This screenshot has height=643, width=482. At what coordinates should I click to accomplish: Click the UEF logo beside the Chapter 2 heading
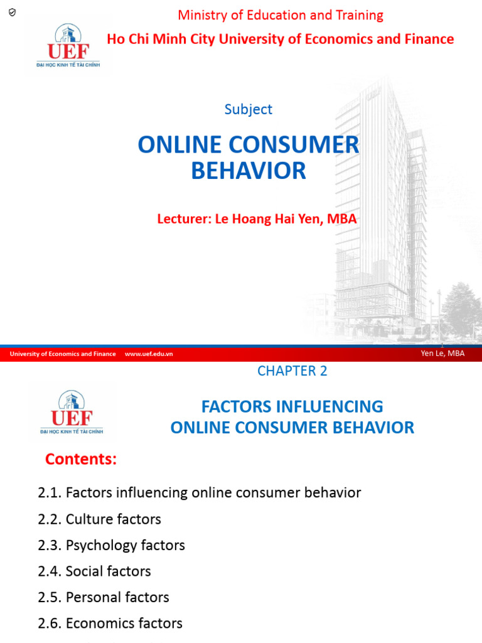(x=71, y=412)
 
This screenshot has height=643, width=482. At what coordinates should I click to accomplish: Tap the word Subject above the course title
(x=249, y=109)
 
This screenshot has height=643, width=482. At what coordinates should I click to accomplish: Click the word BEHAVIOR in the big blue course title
(x=249, y=171)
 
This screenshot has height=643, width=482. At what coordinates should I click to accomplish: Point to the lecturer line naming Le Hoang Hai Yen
(x=257, y=219)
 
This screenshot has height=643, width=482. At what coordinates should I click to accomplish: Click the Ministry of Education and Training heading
(x=281, y=15)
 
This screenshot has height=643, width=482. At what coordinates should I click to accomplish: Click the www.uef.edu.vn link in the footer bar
(x=149, y=354)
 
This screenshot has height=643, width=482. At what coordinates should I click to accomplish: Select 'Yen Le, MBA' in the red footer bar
(x=443, y=354)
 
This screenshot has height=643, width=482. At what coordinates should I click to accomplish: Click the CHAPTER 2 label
(x=292, y=371)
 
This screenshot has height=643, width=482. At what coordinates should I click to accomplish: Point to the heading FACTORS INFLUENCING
(x=292, y=406)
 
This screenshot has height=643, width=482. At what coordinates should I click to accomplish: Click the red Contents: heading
(x=81, y=460)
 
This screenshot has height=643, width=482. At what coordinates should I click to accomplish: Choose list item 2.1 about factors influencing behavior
(x=200, y=493)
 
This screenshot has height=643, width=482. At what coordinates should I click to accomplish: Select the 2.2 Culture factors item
(x=100, y=519)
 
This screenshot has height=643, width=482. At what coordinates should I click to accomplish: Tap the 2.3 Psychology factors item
(x=112, y=545)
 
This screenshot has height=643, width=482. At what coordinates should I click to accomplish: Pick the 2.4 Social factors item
(x=95, y=571)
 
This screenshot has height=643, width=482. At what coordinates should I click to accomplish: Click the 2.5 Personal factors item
(x=104, y=597)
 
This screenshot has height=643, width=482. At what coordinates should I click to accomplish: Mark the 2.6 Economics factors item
(x=110, y=624)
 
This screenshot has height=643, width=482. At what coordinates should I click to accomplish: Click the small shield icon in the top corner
(x=12, y=13)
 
